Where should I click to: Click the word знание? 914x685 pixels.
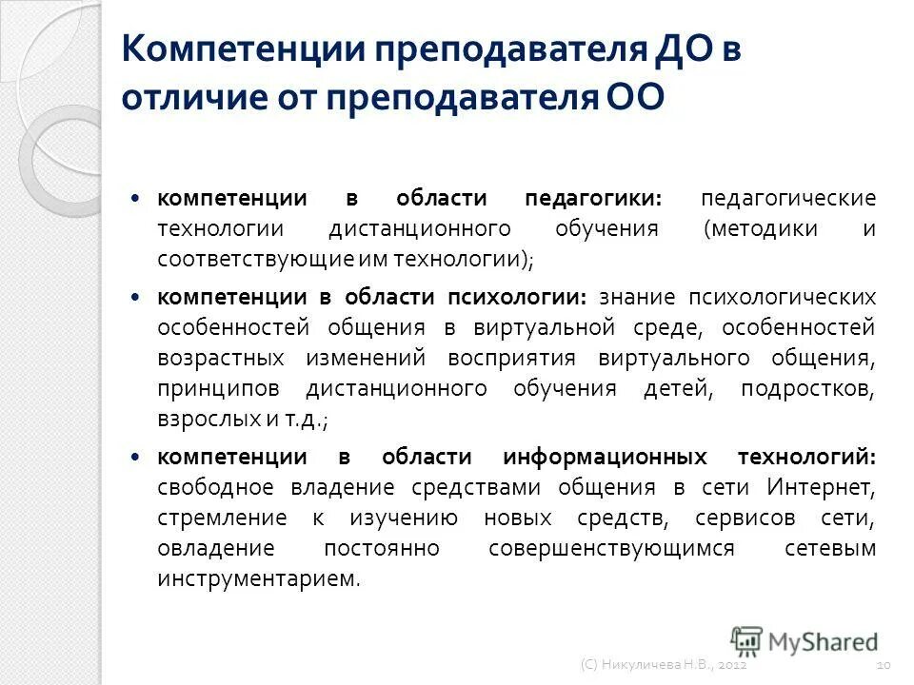[636, 296]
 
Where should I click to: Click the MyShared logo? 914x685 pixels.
[805, 640]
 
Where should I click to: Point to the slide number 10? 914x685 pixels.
[884, 670]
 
